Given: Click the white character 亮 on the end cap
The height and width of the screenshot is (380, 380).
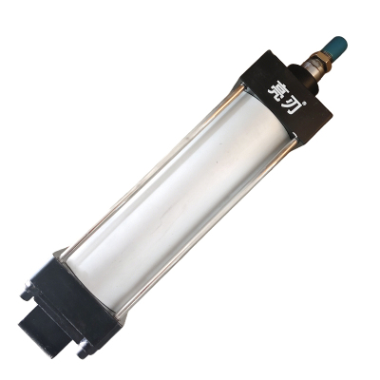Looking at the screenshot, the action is click(276, 87).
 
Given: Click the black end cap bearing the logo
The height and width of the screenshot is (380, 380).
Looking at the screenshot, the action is click(285, 98).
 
